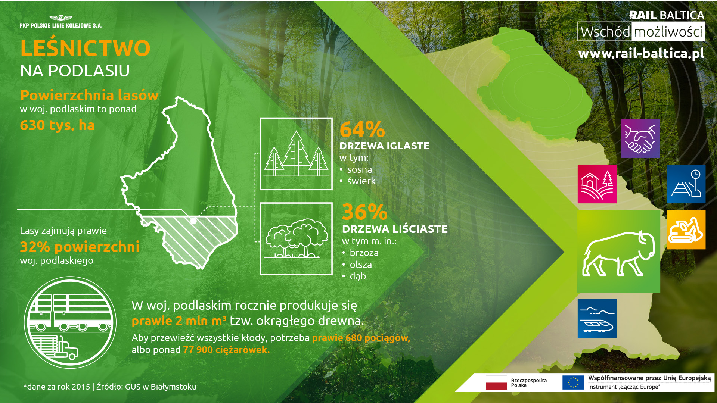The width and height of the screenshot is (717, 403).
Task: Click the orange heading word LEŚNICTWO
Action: pyautogui.click(x=85, y=48)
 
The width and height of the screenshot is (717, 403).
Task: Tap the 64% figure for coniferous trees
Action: pyautogui.click(x=362, y=129)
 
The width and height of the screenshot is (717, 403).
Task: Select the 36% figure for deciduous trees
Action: pyautogui.click(x=365, y=212)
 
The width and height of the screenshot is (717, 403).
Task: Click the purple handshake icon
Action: pyautogui.click(x=640, y=138)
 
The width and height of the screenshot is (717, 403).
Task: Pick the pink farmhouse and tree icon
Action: pyautogui.click(x=597, y=184)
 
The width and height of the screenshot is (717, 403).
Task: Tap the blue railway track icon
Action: pyautogui.click(x=686, y=184)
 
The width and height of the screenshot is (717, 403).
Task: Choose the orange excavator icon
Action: pyautogui.click(x=686, y=230)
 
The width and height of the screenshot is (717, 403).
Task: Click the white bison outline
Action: pyautogui.click(x=618, y=254)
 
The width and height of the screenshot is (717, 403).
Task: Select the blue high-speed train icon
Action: pyautogui.click(x=597, y=318)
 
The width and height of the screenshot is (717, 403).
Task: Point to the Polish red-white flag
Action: pyautogui.click(x=496, y=382)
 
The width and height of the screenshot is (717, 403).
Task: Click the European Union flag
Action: pyautogui.click(x=573, y=382)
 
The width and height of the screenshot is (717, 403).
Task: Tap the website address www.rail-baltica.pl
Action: pyautogui.click(x=641, y=53)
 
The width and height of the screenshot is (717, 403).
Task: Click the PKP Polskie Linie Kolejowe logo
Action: pyautogui.click(x=61, y=22)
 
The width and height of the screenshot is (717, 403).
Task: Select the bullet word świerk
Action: pyautogui.click(x=361, y=181)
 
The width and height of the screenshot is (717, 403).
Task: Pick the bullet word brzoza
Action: pyautogui.click(x=364, y=253)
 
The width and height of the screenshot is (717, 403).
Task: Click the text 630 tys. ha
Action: pyautogui.click(x=57, y=125)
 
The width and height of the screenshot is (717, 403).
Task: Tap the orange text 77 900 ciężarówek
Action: pyautogui.click(x=226, y=350)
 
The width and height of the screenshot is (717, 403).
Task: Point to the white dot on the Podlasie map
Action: pyautogui.click(x=193, y=221)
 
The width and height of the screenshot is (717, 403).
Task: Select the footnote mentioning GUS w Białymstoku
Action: pyautogui.click(x=110, y=387)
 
